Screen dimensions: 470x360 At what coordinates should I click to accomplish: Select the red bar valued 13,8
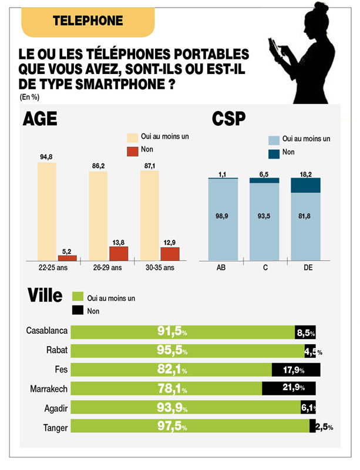[x=118, y=253]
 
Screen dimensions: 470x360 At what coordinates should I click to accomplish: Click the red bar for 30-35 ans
[x=170, y=253]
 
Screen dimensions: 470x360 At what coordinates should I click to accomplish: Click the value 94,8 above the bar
[x=47, y=157]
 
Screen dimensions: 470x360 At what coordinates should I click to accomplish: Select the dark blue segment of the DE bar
[x=305, y=185]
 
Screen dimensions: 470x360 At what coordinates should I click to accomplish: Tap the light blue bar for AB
[x=223, y=219]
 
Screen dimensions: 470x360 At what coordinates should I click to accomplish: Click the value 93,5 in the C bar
[x=264, y=217]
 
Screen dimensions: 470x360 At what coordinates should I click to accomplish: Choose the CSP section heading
[x=228, y=119]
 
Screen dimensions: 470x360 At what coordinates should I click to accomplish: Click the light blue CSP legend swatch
[x=273, y=141]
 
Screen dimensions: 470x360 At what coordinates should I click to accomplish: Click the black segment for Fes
[x=296, y=370]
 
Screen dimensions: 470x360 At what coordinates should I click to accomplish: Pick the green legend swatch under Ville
[x=76, y=298]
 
